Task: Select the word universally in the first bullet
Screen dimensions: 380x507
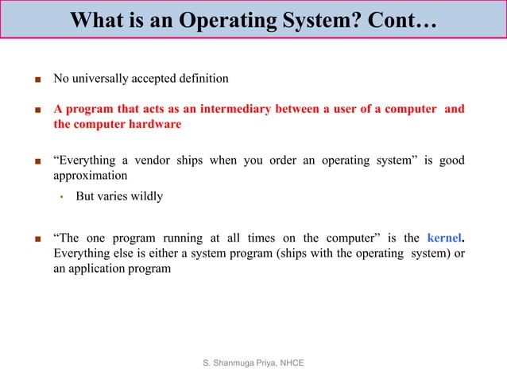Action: click(103, 79)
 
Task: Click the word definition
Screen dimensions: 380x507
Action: click(202, 79)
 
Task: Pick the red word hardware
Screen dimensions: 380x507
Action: click(153, 125)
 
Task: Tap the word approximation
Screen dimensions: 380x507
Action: click(90, 175)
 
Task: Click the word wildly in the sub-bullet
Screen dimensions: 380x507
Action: click(145, 196)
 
